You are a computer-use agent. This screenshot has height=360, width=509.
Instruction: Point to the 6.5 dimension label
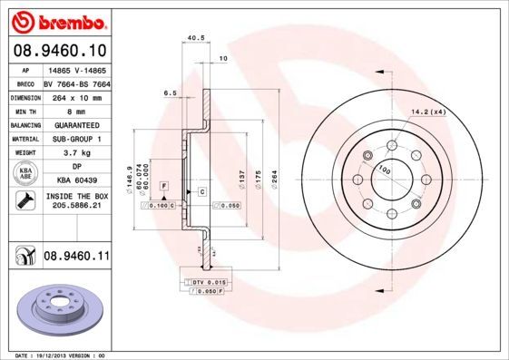coord(170,93)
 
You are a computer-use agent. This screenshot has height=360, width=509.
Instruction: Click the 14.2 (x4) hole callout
coord(428,112)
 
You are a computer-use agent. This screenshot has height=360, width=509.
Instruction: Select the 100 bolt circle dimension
coord(385,170)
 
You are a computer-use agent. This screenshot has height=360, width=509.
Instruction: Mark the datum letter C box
coord(201,192)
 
